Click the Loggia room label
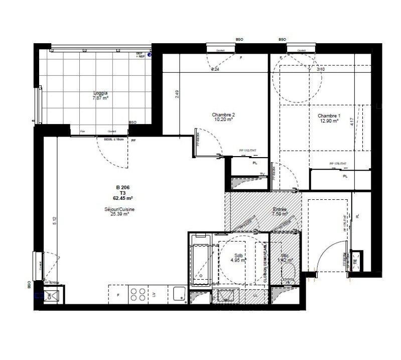point(100,93)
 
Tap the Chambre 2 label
point(223,114)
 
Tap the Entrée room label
point(279,209)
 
